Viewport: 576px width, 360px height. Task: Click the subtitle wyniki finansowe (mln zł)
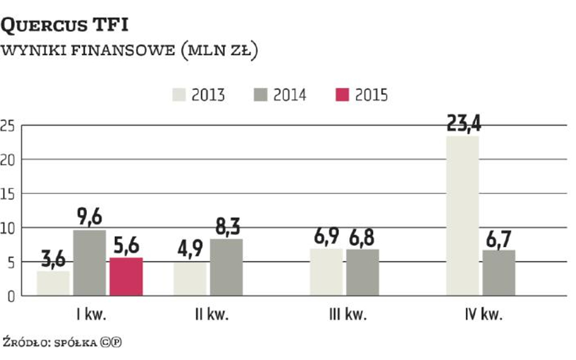click(x=129, y=51)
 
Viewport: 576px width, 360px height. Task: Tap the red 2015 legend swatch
click(x=342, y=95)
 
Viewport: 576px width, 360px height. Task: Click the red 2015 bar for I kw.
click(x=126, y=277)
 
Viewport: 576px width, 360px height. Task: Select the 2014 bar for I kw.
click(x=89, y=263)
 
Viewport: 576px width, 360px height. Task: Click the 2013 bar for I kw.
click(x=53, y=284)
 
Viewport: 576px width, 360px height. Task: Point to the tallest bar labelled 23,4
click(x=462, y=216)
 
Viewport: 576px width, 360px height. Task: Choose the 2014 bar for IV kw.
click(x=499, y=273)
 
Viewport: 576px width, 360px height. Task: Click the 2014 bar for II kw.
click(x=227, y=267)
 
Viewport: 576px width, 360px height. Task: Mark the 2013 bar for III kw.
click(x=326, y=272)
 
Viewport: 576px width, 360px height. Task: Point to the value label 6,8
click(x=363, y=237)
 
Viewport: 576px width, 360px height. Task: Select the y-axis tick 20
click(x=7, y=160)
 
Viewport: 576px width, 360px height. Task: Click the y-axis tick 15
click(x=7, y=194)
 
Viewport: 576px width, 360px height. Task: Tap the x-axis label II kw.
click(x=208, y=315)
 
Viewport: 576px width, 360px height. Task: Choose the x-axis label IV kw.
click(x=481, y=315)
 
